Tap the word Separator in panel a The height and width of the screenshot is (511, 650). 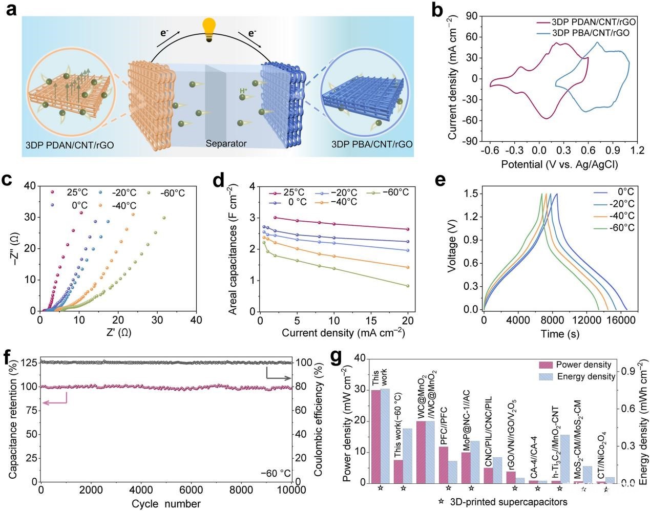pos(226,144)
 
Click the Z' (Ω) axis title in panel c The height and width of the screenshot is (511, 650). pos(117,333)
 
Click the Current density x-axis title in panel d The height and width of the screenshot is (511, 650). pos(343,333)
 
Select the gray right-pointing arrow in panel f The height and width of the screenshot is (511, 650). pos(279,378)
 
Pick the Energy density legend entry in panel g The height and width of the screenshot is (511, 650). pos(593,376)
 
